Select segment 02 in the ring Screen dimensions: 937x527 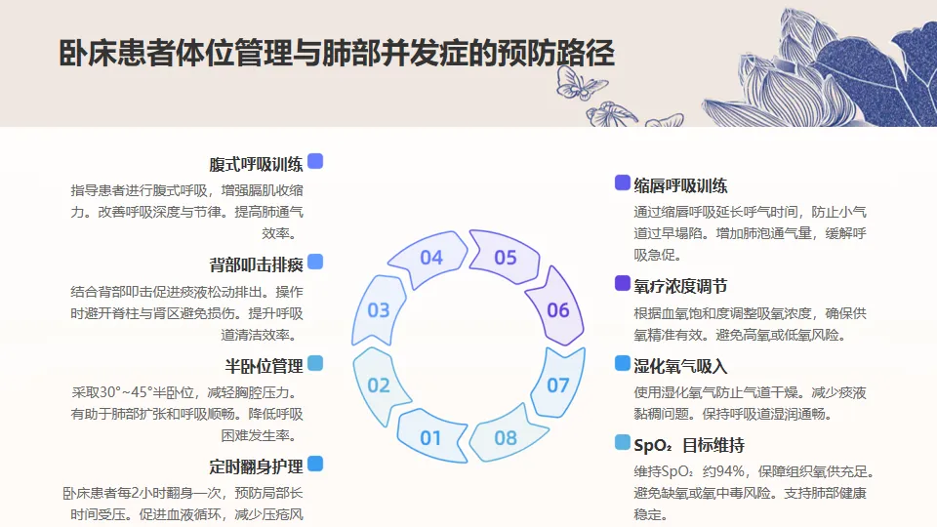[379, 385]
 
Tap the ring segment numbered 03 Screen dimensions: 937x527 [379, 310]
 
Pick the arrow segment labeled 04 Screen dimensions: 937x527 [430, 258]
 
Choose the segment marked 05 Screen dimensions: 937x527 [505, 258]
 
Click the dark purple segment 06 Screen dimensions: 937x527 [557, 310]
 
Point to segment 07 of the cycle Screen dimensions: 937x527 [557, 385]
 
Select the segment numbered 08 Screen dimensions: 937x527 [505, 437]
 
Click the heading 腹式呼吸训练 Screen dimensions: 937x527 [256, 164]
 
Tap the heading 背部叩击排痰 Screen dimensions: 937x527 [256, 264]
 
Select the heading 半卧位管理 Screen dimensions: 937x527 [264, 366]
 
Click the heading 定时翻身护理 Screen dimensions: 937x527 [256, 466]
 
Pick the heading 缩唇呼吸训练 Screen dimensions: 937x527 [680, 185]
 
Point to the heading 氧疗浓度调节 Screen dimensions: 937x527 [680, 286]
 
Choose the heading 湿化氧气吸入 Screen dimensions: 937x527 [680, 366]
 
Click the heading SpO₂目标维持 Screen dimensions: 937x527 [689, 445]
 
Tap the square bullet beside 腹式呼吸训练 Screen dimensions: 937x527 [315, 162]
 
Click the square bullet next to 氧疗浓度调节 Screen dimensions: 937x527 [623, 284]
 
